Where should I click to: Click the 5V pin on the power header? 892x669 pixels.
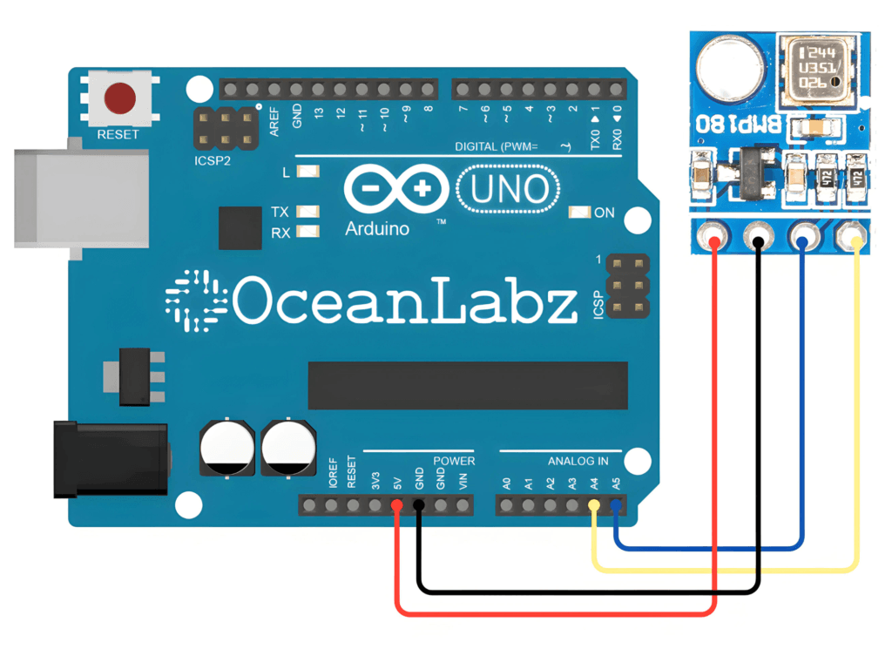(397, 505)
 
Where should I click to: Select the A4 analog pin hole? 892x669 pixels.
(594, 505)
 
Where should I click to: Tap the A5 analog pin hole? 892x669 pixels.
(616, 505)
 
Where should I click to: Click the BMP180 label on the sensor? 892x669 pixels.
(732, 123)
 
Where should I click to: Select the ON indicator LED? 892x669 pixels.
(578, 213)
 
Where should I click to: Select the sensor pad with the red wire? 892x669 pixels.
(714, 236)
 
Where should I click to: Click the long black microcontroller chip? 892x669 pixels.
(468, 386)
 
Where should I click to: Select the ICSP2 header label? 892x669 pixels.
(213, 161)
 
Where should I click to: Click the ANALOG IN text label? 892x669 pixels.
(578, 461)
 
